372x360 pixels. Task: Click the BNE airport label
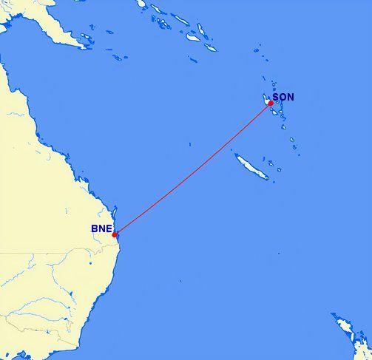click(x=101, y=228)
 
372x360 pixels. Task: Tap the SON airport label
click(x=283, y=97)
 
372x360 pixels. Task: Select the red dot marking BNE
click(x=115, y=234)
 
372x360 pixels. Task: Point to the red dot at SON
click(x=271, y=103)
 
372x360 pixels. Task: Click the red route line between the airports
click(x=192, y=169)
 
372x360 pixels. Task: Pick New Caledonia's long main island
click(x=251, y=166)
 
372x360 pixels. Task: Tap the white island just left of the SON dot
click(x=266, y=99)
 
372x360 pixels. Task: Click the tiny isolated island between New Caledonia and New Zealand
click(x=278, y=256)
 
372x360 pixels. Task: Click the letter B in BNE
click(x=95, y=228)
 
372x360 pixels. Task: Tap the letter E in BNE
click(x=109, y=228)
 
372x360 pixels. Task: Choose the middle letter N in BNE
click(x=101, y=228)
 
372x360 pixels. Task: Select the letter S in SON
click(x=276, y=97)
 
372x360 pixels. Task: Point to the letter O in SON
click(x=283, y=97)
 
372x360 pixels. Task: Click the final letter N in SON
click(x=291, y=97)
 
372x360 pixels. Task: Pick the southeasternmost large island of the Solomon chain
click(x=210, y=47)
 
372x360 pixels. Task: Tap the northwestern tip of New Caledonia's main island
click(x=236, y=154)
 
